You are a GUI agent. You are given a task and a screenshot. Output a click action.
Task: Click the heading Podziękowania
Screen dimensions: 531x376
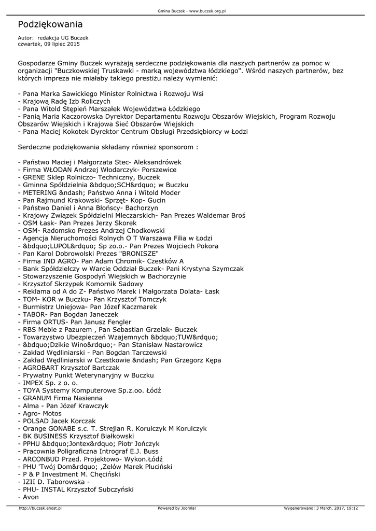pos(50,24)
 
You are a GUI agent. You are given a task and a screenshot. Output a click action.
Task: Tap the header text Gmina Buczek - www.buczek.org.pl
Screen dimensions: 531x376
pos(188,10)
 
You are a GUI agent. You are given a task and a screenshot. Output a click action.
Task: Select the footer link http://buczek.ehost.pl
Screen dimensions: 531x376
pos(40,508)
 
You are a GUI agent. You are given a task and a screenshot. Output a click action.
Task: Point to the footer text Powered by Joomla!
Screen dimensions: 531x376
pos(177,508)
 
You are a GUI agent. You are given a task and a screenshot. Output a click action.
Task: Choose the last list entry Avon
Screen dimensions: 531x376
pos(30,497)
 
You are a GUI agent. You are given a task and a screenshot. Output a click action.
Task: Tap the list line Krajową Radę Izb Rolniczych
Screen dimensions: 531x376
pos(64,102)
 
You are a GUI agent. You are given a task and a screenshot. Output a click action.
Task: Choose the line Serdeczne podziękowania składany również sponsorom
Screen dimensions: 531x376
pos(108,147)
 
